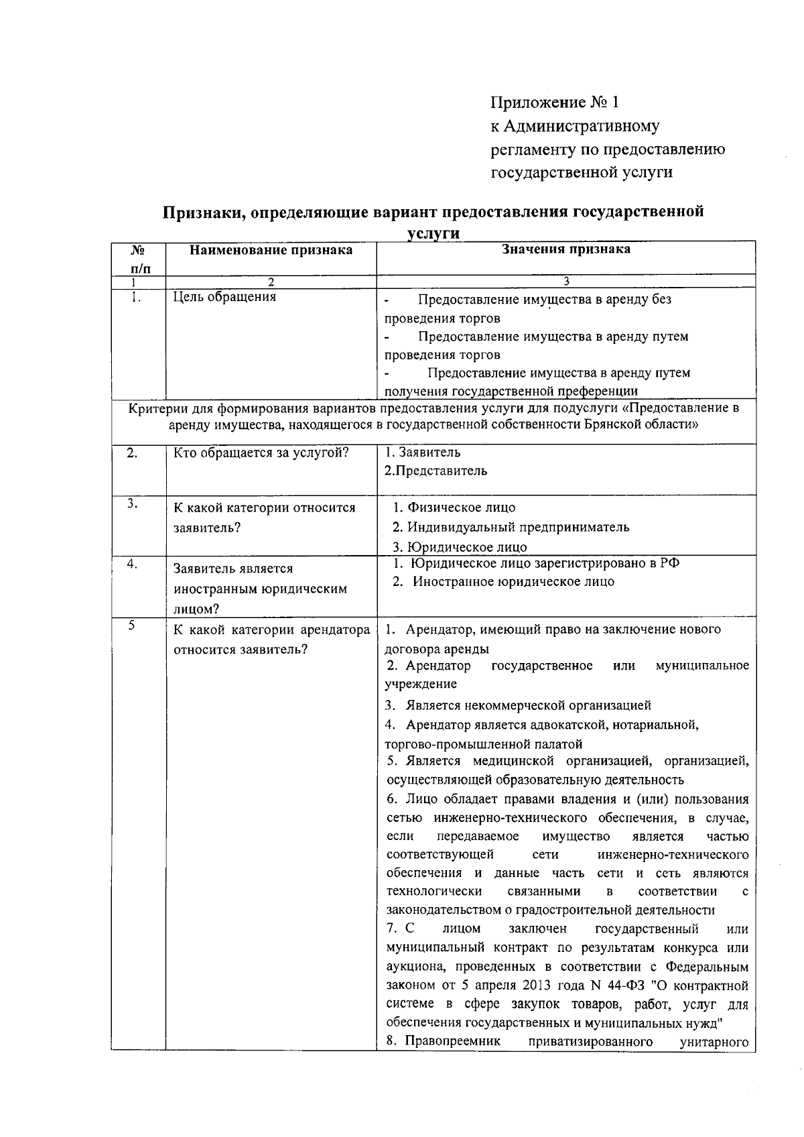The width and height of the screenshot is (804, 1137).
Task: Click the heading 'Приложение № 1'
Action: (x=555, y=103)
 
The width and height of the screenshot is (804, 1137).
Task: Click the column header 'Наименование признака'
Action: (x=271, y=250)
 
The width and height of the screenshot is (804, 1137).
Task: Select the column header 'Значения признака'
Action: (x=566, y=249)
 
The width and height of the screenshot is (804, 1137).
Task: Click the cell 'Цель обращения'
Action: (x=224, y=297)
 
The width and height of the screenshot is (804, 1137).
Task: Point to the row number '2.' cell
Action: (x=133, y=453)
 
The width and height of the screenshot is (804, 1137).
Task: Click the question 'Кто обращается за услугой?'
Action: (x=261, y=453)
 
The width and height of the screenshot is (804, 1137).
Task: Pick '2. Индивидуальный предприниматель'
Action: (x=511, y=527)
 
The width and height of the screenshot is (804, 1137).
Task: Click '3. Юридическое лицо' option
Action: (x=460, y=547)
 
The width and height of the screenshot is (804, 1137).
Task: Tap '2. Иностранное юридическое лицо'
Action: (x=503, y=582)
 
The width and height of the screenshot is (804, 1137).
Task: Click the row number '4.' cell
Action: (x=133, y=564)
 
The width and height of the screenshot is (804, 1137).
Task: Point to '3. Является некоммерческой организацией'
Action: (x=517, y=705)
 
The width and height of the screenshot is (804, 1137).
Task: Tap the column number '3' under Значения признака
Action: (x=566, y=282)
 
